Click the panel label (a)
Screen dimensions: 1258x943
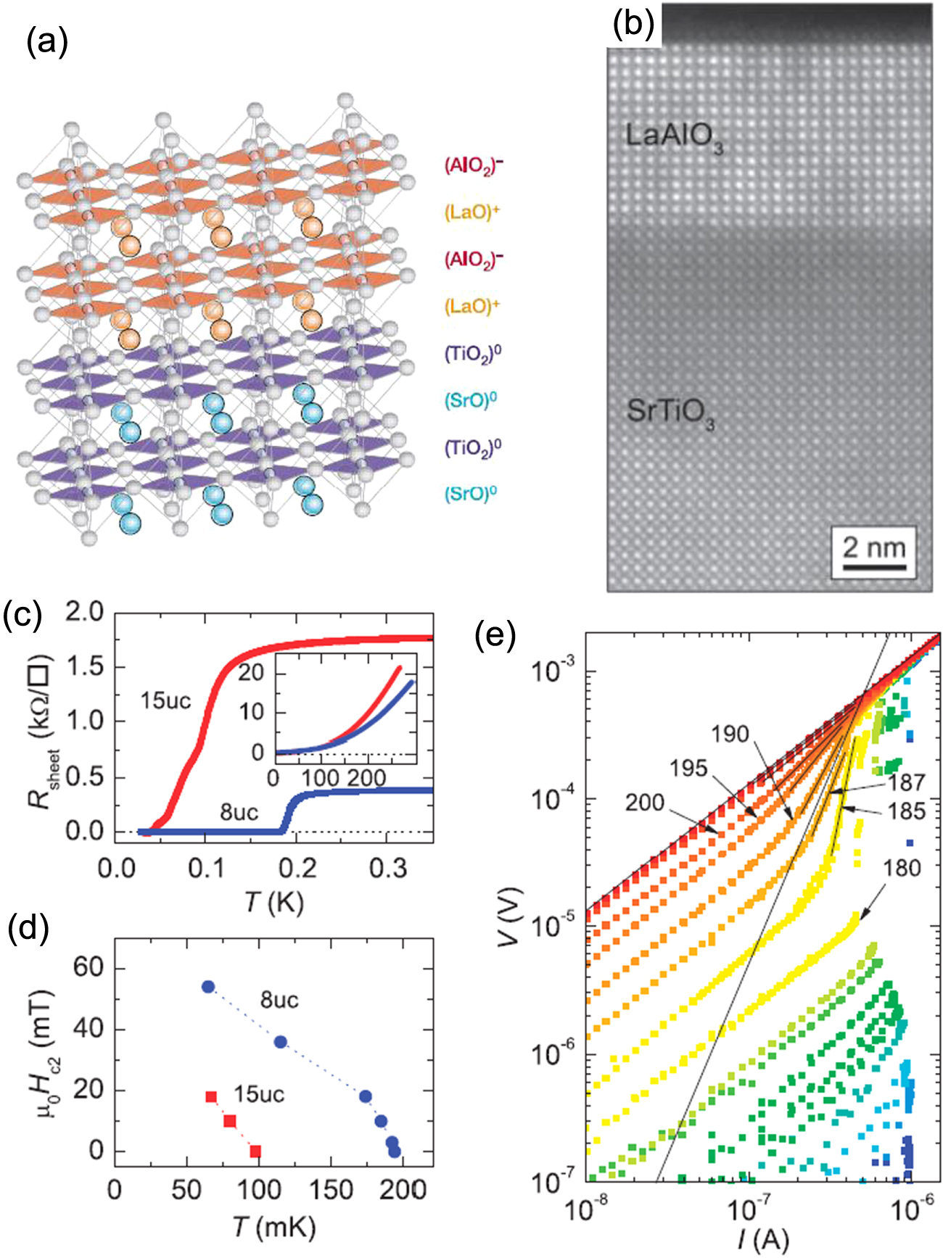pos(47,42)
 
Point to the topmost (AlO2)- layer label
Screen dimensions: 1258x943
pos(474,165)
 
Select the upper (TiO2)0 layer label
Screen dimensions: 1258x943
pos(473,354)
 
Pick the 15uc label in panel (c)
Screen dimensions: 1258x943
pos(166,700)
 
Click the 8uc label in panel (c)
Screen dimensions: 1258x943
pos(239,812)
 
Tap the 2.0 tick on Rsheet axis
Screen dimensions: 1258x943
pos(85,613)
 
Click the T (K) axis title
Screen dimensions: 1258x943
pos(273,903)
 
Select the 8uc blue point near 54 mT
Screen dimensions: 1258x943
pos(208,987)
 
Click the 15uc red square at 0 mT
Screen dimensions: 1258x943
pos(255,1151)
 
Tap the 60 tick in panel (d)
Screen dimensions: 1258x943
pos(88,968)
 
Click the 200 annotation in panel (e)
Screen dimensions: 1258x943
pos(644,803)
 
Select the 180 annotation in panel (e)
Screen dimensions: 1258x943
pos(902,868)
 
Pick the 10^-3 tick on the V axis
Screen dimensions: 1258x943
pos(553,671)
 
